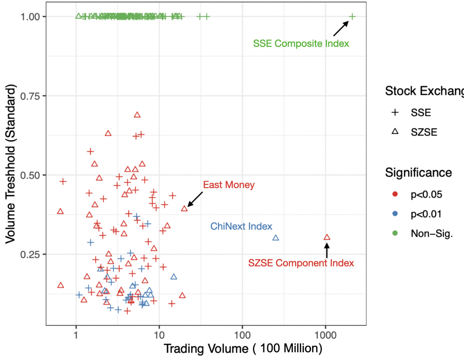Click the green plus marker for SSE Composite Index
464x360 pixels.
352,16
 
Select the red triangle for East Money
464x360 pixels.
184,209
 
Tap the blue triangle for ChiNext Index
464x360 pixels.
276,238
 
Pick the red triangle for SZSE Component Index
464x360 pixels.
327,237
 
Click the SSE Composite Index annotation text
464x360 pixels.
301,43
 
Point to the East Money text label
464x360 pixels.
229,185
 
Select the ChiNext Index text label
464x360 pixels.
241,226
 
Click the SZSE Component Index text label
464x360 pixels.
301,263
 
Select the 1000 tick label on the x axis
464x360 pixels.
325,335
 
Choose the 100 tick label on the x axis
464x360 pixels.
242,335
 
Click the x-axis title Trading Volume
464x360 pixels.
243,348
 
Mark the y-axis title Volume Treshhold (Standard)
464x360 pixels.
10,164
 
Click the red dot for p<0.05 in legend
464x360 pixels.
395,194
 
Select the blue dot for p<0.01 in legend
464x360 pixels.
395,214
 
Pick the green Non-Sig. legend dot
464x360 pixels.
395,233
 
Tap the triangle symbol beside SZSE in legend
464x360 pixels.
395,132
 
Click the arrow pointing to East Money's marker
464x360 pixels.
195,199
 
